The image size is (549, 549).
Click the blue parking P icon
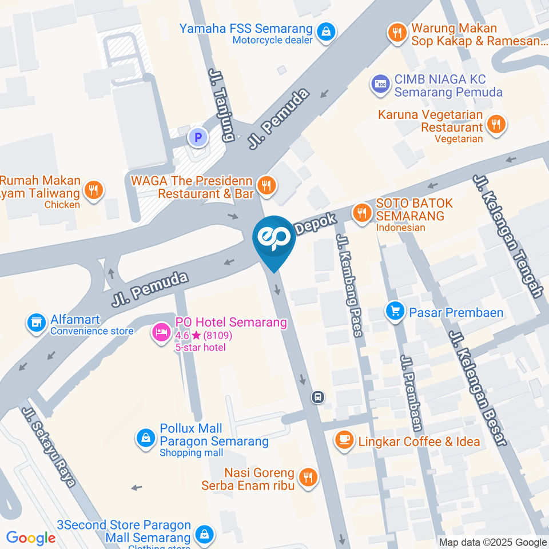tap(198, 137)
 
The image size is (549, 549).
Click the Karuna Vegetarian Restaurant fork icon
tap(497, 123)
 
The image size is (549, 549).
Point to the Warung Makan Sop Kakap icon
tap(397, 31)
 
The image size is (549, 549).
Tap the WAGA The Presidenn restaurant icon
tap(265, 185)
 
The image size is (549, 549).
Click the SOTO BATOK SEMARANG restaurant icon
tap(361, 213)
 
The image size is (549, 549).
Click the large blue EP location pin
tap(274, 240)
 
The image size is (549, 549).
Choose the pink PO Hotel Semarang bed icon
tap(161, 332)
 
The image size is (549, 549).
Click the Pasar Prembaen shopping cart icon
tap(395, 312)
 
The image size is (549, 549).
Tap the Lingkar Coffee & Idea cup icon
tap(344, 440)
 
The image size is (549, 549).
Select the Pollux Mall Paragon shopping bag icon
tap(146, 439)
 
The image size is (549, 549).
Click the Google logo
tap(31, 538)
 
